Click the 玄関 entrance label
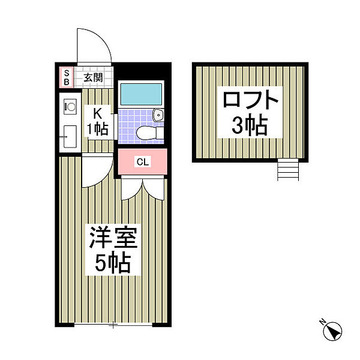click(x=92, y=77)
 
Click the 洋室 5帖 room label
click(x=113, y=249)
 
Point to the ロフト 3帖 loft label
click(x=251, y=112)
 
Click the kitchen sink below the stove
click(x=68, y=135)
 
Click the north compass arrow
click(x=332, y=331)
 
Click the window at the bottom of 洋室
click(x=113, y=326)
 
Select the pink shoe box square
click(x=66, y=77)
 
